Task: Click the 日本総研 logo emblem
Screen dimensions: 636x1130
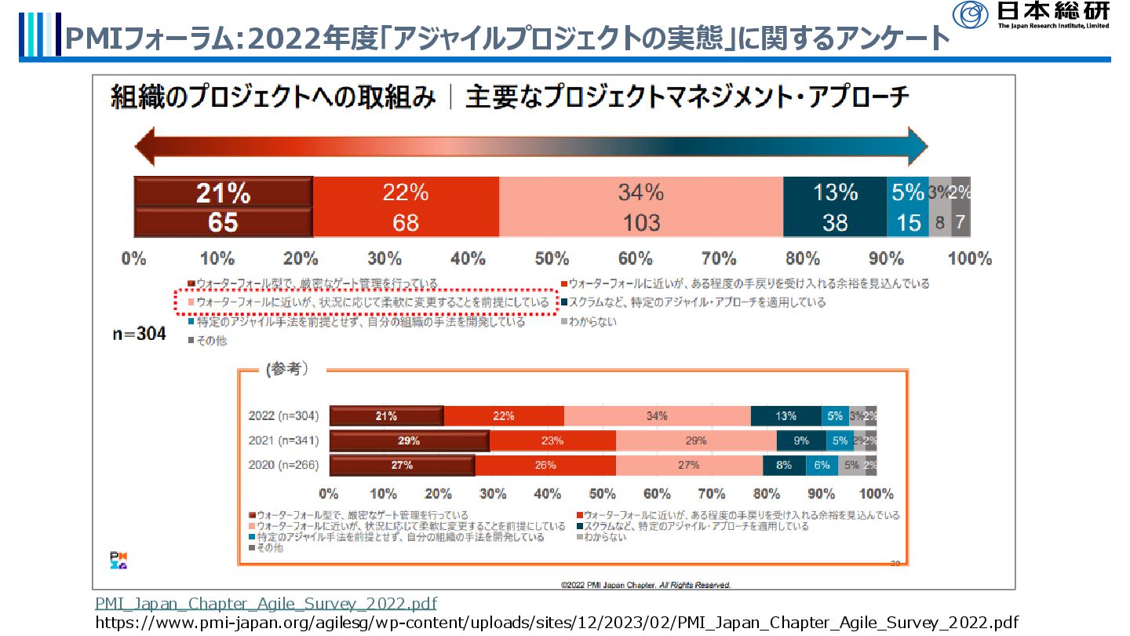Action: [x=970, y=15]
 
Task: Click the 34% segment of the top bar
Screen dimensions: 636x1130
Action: [x=640, y=192]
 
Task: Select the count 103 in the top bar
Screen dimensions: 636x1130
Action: [x=640, y=223]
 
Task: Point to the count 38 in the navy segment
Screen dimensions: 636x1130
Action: [x=834, y=223]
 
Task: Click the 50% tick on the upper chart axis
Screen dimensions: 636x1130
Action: [x=552, y=258]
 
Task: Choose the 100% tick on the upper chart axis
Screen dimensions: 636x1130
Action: [x=970, y=258]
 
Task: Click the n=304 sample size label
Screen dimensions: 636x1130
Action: [x=138, y=334]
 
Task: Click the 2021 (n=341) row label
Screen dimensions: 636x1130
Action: [x=283, y=440]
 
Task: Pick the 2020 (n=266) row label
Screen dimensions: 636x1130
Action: [x=283, y=465]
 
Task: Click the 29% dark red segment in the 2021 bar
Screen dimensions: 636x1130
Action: [x=409, y=440]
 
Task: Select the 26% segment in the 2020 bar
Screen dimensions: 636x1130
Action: [x=545, y=465]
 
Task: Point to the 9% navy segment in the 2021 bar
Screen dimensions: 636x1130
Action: [x=800, y=440]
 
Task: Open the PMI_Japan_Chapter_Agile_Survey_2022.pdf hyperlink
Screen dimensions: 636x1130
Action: [x=266, y=603]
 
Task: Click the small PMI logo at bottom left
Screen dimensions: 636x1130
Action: [x=118, y=561]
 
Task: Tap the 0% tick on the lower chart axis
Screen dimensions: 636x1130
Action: [x=329, y=494]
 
